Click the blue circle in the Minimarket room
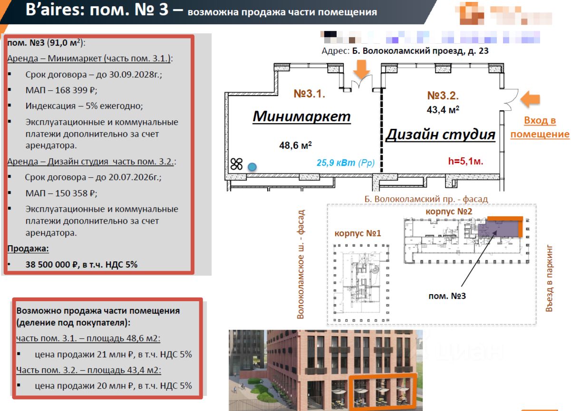coord(252,166)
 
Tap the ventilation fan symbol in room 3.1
coord(236,164)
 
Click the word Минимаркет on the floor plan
coord(301,116)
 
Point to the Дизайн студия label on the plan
coord(440,134)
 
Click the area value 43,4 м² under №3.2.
coord(443,109)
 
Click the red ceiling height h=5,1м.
coord(465,161)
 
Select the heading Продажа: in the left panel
coord(28,249)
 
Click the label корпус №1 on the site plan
coord(358,234)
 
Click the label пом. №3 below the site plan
coord(447,296)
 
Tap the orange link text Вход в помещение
coord(540,127)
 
